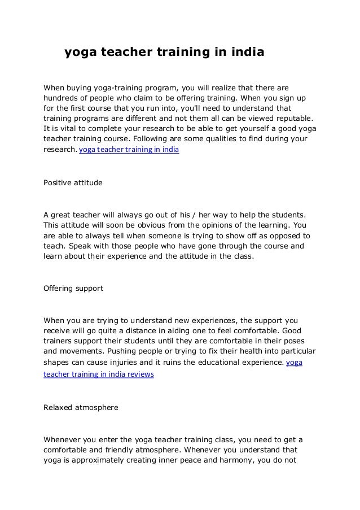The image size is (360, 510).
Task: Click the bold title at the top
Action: point(164,54)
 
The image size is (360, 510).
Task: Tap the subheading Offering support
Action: point(73,288)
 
